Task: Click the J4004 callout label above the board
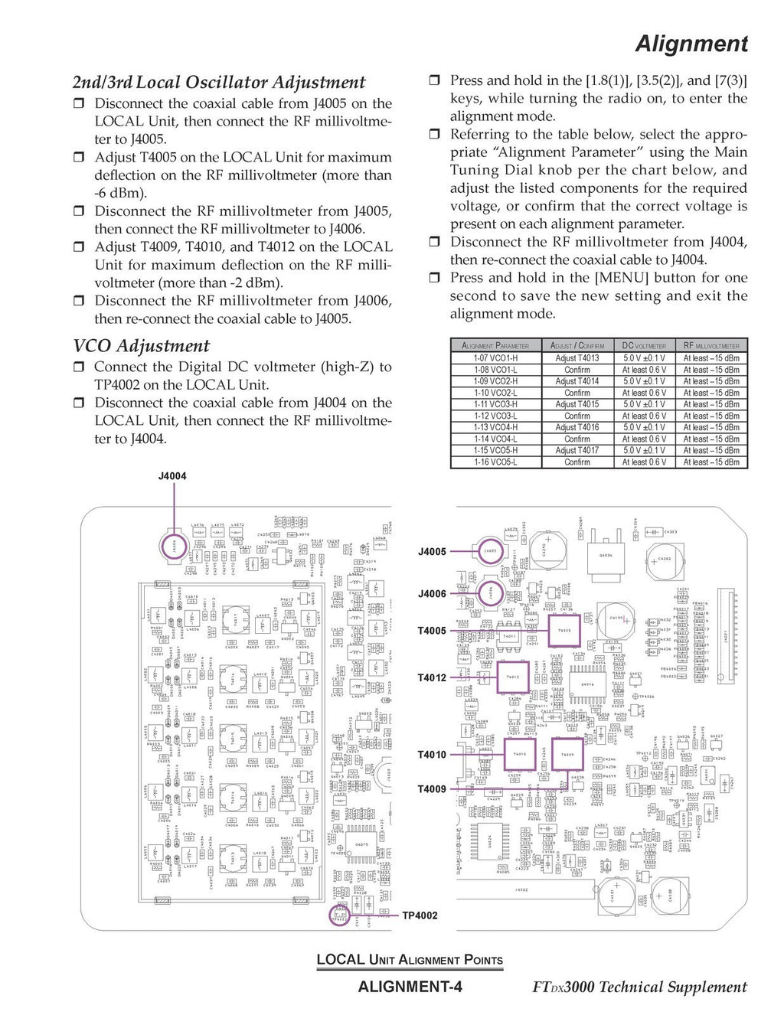tap(172, 476)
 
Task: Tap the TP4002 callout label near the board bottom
tap(420, 915)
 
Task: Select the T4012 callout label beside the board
tap(432, 677)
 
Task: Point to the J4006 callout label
tap(432, 594)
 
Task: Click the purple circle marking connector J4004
tap(174, 547)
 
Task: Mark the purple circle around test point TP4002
tap(339, 915)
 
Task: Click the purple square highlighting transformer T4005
tap(564, 630)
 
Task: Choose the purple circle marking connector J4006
tap(491, 592)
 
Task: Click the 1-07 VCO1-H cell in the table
tap(495, 358)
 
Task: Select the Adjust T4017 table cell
tap(577, 451)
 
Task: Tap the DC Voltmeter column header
tap(644, 346)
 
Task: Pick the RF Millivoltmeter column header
tap(711, 346)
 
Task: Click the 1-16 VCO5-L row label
tap(495, 462)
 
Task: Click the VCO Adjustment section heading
tap(141, 346)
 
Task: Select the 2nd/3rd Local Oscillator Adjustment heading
tap(219, 83)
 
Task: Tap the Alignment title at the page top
tap(691, 44)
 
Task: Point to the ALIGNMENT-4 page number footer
tap(410, 987)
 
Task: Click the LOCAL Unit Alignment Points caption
tap(410, 960)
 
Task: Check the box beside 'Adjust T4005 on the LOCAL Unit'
tap(78, 158)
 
